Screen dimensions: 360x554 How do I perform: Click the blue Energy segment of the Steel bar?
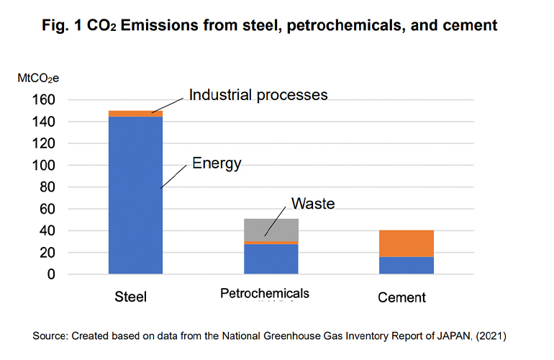coord(135,194)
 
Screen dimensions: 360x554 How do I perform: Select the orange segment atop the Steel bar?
coord(135,113)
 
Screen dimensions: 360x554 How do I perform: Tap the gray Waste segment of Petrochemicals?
coord(271,230)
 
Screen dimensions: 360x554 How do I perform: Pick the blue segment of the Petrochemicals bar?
coord(271,259)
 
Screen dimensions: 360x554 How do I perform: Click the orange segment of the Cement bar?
coord(407,243)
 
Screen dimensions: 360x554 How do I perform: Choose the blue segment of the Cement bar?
coord(407,265)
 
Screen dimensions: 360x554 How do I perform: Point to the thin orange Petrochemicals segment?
coord(271,243)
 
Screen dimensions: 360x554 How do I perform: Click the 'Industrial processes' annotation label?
coord(258,94)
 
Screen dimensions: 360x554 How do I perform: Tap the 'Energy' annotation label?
coord(217,164)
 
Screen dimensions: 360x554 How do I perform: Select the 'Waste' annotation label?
coord(313,204)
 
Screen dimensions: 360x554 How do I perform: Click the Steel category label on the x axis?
coord(132,297)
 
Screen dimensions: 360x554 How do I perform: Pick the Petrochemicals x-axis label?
coord(265,293)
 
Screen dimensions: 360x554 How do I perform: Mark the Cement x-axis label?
coord(402,297)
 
